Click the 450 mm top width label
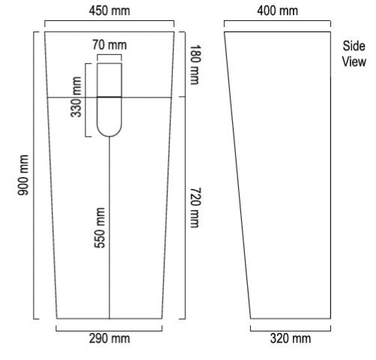tap(109, 11)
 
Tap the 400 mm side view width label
tap(277, 11)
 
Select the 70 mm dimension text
tap(109, 45)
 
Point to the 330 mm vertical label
tap(76, 97)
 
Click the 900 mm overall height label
tap(23, 175)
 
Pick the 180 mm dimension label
tap(195, 64)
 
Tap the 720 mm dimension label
tap(195, 208)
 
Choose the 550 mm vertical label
tap(100, 228)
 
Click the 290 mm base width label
tap(109, 338)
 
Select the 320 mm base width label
tap(291, 338)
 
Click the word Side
tap(354, 46)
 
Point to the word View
tap(354, 61)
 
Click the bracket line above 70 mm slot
tap(109, 55)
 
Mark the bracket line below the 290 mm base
tap(109, 331)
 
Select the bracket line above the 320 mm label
tap(291, 331)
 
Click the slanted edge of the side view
tap(237, 175)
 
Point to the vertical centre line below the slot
tap(109, 228)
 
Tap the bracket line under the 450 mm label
tap(109, 21)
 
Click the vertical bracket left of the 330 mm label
tap(85, 100)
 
